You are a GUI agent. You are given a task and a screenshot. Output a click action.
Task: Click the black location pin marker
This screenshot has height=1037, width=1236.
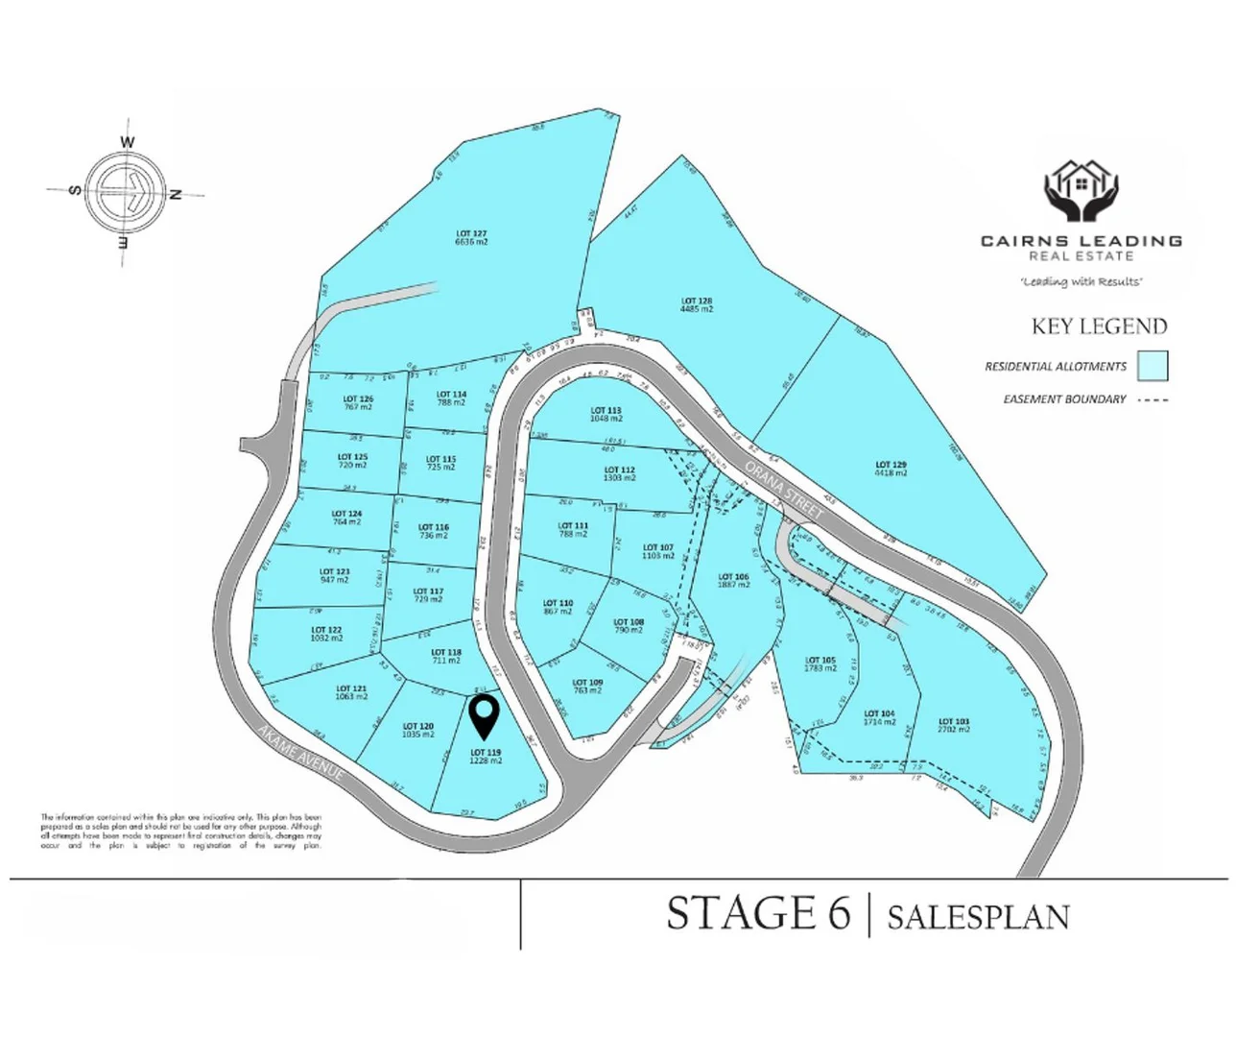point(486,713)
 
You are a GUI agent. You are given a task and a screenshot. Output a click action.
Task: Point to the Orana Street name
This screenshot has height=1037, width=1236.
point(784,490)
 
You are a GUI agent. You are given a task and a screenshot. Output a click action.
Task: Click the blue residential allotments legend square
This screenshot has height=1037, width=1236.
point(1153,366)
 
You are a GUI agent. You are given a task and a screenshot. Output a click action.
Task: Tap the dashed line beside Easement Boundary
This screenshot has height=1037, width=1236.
point(1153,399)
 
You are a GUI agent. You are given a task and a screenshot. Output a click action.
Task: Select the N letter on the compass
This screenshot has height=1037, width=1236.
point(176,194)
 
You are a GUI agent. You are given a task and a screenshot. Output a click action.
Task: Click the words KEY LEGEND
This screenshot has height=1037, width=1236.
point(1099,326)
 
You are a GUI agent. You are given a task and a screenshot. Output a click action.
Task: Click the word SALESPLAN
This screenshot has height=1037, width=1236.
point(978,917)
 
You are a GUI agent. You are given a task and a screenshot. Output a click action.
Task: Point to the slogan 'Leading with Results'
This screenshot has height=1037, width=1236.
point(1081,281)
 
